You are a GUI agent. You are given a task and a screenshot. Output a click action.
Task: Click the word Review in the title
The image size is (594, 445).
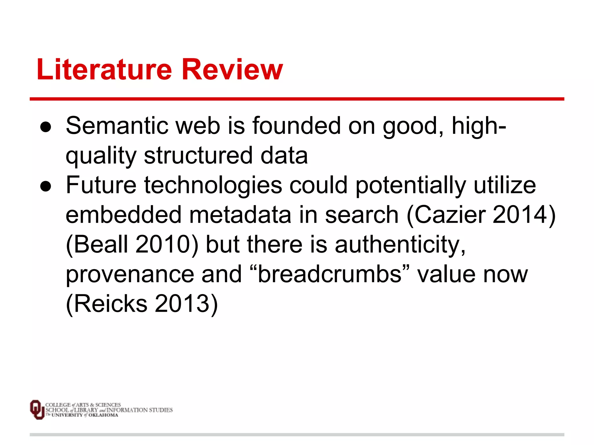coord(232,70)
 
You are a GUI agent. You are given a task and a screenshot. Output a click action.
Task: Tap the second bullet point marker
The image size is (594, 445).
coord(46,186)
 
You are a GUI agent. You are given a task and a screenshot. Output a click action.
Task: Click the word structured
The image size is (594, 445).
coord(198,156)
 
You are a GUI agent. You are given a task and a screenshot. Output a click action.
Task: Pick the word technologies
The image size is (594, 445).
coord(213,186)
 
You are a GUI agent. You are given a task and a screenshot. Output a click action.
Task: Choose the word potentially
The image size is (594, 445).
coord(411,186)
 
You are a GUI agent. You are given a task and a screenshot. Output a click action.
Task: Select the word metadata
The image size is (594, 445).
coord(240,215)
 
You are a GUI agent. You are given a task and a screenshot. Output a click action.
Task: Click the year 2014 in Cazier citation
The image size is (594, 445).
coord(520,215)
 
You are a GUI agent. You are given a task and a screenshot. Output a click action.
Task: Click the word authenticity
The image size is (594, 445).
coord(400,245)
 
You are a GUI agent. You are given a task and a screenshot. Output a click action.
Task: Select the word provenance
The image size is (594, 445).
coord(130,275)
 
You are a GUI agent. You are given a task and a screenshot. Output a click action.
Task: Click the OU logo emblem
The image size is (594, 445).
coord(37,409)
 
